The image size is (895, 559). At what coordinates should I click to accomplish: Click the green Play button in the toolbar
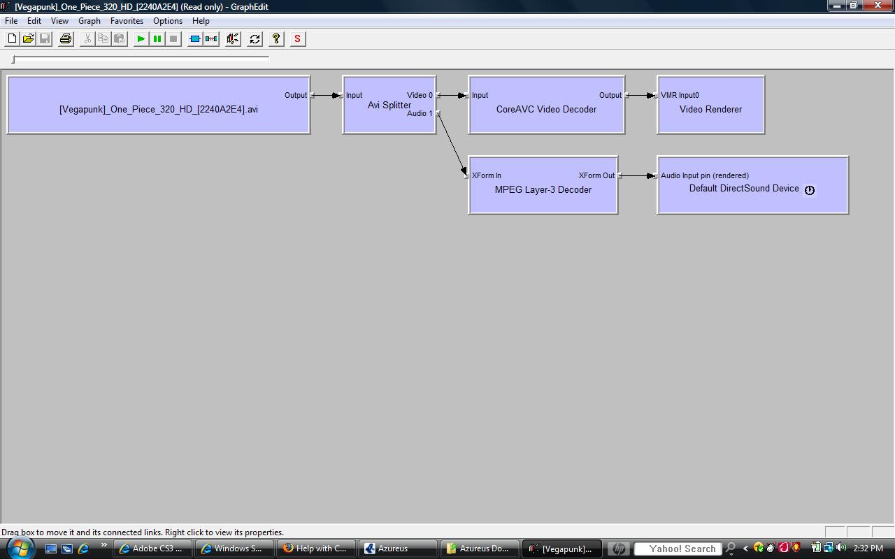[141, 38]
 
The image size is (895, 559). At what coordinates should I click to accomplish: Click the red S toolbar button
[297, 38]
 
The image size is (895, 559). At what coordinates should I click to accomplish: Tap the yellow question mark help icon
[275, 38]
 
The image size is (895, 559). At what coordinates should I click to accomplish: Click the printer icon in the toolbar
[66, 38]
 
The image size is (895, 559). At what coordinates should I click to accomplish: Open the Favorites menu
[127, 21]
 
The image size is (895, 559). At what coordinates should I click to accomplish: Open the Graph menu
[89, 21]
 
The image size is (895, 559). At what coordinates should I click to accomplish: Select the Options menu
[167, 21]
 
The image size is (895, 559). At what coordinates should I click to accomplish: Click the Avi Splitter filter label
[389, 105]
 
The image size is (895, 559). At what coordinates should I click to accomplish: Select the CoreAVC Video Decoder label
[546, 109]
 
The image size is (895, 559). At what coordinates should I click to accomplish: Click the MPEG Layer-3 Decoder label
[543, 189]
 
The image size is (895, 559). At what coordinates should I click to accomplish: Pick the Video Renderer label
[710, 109]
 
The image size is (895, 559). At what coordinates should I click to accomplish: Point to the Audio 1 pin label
[420, 113]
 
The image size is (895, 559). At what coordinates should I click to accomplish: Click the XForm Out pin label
[596, 175]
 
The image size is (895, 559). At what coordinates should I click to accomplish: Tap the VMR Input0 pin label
[680, 95]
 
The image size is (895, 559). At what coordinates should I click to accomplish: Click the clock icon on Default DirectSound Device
[810, 190]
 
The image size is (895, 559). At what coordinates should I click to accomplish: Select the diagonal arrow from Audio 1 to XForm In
[452, 144]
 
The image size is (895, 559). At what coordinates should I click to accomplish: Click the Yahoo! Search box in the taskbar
[678, 549]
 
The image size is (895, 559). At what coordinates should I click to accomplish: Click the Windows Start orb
[20, 549]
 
